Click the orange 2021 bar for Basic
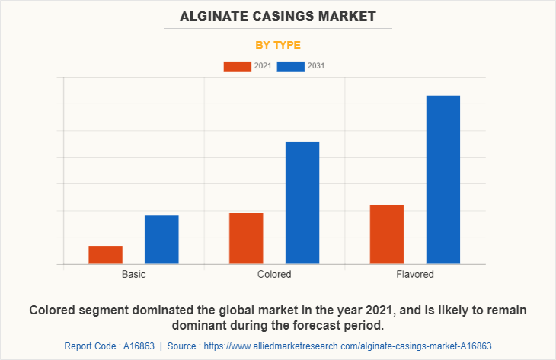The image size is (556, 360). [x=105, y=255]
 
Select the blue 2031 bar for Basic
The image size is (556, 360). [x=161, y=240]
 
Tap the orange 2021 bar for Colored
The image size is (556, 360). [x=246, y=238]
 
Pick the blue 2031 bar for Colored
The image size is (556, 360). [x=302, y=202]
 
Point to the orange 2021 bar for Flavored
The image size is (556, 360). [x=387, y=234]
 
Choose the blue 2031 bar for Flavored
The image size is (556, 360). [x=443, y=180]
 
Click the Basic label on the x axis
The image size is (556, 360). [x=133, y=274]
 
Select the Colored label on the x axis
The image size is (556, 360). [x=274, y=274]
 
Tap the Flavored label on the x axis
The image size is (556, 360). [x=415, y=274]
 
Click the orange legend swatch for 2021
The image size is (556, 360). [x=237, y=66]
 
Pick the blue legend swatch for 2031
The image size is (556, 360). [x=291, y=66]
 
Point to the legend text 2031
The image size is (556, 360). [x=316, y=66]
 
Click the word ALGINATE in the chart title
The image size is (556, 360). [x=215, y=16]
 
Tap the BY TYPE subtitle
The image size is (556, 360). [x=278, y=45]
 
